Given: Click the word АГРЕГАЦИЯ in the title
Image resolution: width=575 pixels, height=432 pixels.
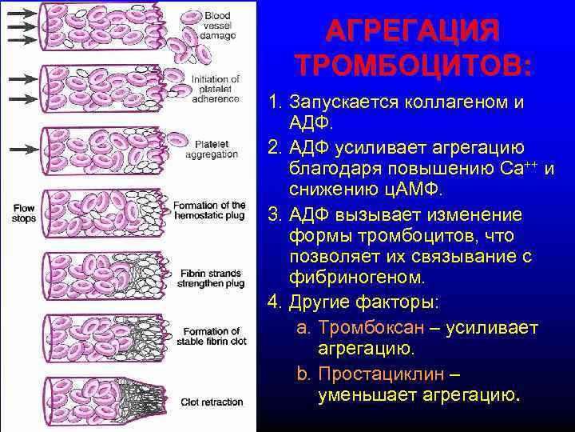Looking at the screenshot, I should click(x=412, y=32).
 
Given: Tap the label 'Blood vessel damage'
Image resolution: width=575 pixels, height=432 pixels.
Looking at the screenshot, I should click(x=217, y=26).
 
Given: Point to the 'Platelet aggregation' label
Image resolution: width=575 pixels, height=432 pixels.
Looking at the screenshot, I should click(x=212, y=149).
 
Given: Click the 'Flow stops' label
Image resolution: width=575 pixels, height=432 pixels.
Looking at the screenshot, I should click(x=24, y=213).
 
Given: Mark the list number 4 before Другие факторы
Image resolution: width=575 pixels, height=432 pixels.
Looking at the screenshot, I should click(x=276, y=303).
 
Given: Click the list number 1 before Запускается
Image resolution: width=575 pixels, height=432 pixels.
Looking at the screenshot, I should click(x=276, y=103).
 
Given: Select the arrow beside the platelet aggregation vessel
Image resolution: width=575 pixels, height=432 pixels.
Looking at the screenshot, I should click(x=21, y=149).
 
